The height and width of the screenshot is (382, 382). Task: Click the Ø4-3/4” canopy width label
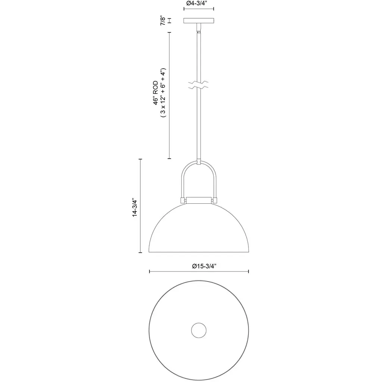198,3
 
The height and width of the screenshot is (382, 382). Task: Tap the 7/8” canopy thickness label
163,21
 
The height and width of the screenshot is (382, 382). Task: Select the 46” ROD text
156,93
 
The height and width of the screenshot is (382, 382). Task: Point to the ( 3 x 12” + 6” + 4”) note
163,93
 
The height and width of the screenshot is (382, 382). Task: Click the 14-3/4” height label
135,207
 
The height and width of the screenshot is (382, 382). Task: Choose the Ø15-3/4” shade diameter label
204,266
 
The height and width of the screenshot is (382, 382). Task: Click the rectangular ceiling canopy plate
199,21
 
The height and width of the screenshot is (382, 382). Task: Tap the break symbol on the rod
198,85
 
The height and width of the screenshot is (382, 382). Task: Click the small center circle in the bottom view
199,331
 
